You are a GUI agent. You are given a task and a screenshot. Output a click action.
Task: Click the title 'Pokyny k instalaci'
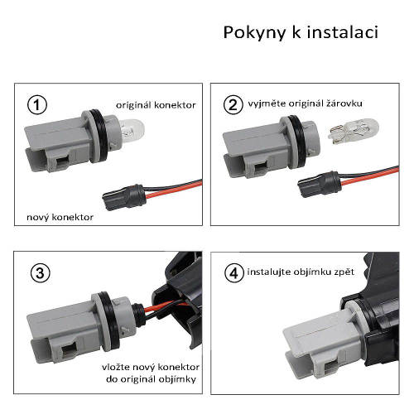coord(301,32)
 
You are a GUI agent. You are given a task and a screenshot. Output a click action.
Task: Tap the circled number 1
coord(37,105)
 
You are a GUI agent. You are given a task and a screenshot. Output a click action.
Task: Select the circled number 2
coord(233,105)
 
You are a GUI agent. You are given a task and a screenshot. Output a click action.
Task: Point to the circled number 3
coord(41,273)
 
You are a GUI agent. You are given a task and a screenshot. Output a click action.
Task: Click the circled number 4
coord(234,273)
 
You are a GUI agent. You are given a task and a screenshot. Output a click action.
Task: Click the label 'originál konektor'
coord(156,105)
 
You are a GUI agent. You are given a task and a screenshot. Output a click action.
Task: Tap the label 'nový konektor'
coord(60,217)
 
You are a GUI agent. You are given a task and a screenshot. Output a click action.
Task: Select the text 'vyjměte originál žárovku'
coord(305,103)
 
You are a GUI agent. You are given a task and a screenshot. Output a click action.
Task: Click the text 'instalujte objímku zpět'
coord(301,272)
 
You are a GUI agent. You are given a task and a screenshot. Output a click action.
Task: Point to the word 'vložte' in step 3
coord(116,367)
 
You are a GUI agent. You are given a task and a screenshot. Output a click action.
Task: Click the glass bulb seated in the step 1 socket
coord(132,130)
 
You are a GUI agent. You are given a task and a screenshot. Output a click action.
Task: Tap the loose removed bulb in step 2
coord(354,132)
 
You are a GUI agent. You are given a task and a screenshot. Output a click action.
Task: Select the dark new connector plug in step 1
coord(124,197)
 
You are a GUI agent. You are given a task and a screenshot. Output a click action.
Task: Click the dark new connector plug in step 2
coord(320,184)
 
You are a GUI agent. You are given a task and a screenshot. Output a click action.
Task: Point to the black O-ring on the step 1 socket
coord(99,135)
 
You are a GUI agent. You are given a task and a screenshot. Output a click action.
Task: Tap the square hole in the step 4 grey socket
coord(331,367)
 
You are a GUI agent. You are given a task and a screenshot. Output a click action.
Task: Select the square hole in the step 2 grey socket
coord(261,167)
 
